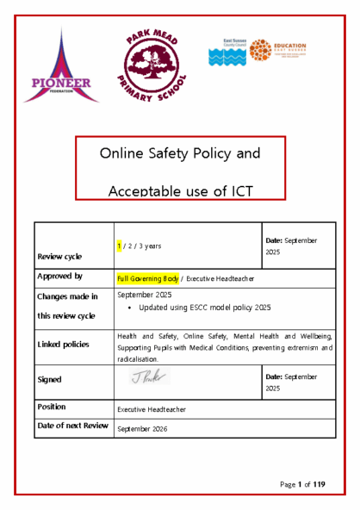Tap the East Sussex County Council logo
point(227,53)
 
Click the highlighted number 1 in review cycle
point(120,246)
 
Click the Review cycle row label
point(59,257)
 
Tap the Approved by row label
point(60,277)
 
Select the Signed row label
point(50,378)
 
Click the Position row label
point(54,405)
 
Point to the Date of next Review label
point(73,426)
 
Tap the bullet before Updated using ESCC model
point(128,307)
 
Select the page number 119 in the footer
point(318,485)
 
